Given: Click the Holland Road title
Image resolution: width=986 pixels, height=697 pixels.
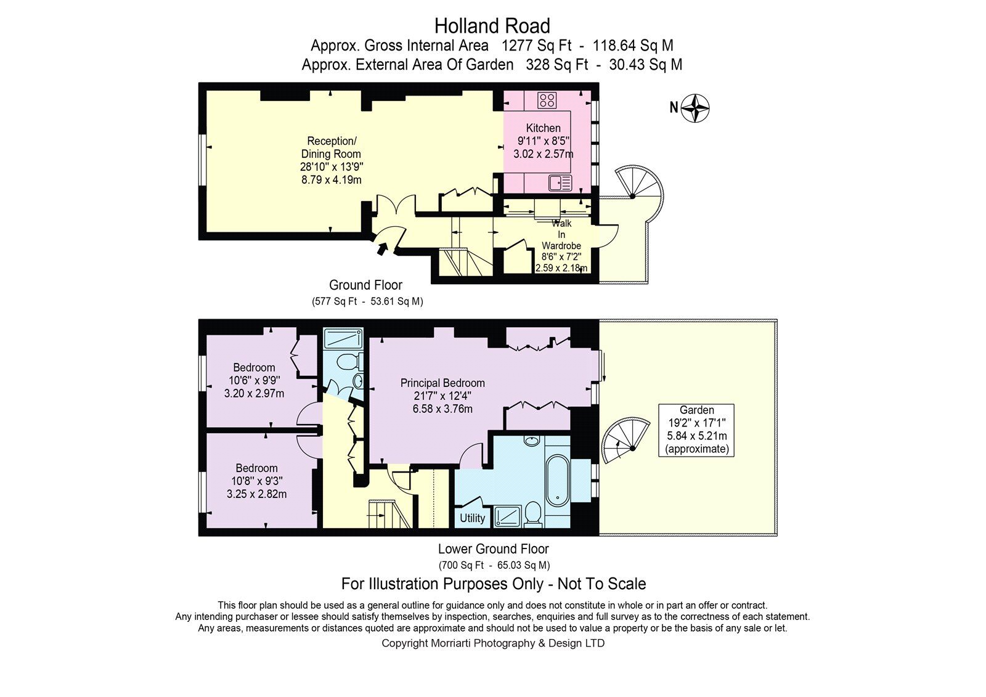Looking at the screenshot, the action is click(492, 26).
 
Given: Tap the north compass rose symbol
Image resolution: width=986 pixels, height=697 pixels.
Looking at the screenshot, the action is click(695, 108).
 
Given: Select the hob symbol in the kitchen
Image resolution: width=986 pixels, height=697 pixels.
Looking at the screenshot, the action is click(547, 100).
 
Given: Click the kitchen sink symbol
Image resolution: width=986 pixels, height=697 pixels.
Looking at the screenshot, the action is click(560, 183).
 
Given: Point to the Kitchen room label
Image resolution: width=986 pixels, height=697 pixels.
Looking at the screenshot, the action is click(543, 128).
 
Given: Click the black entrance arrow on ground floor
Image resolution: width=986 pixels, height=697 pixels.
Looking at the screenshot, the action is click(383, 248).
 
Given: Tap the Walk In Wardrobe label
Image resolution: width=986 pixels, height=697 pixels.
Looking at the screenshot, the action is click(561, 234).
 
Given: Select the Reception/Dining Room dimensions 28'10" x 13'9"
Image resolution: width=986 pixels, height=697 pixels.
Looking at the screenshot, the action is click(332, 167).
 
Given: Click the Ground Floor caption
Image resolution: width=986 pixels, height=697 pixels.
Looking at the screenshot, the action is click(365, 285).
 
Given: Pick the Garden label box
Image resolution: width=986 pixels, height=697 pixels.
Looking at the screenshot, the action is click(696, 430).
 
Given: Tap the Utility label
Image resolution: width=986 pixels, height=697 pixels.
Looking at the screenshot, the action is click(472, 518).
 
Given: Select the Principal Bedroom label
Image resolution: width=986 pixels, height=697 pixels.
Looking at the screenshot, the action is click(442, 383).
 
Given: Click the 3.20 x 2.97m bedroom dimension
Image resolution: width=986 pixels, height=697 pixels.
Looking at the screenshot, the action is click(254, 393).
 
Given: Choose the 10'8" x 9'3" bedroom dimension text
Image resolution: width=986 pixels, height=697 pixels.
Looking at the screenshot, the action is click(256, 481).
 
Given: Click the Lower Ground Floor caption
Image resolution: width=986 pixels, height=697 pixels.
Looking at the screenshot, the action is click(494, 549).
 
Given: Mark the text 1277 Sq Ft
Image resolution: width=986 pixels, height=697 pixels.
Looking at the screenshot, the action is click(537, 46).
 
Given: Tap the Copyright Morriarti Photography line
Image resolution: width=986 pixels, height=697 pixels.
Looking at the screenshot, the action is click(493, 643).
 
